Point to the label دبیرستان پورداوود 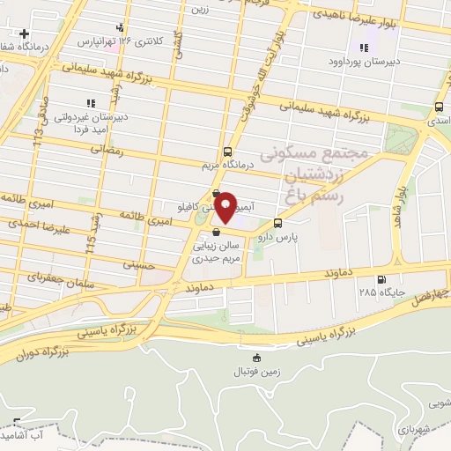tap(364, 62)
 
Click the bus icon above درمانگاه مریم tap(228, 151)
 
